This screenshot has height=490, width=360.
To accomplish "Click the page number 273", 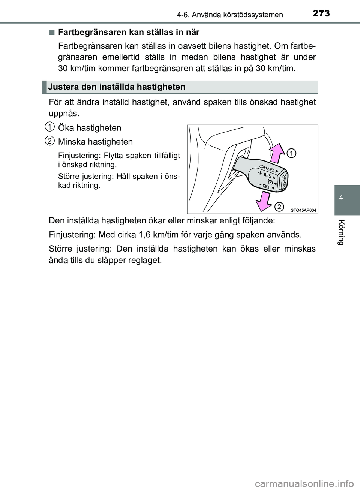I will click(x=321, y=13).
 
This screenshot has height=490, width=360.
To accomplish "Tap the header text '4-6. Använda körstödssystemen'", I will click(x=229, y=15).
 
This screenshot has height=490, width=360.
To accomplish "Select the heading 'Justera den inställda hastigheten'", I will click(x=117, y=87).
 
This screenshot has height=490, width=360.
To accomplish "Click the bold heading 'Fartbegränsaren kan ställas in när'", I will click(x=129, y=32).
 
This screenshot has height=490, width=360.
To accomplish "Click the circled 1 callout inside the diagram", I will click(x=292, y=153).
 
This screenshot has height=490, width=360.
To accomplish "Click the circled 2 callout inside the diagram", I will click(x=279, y=207).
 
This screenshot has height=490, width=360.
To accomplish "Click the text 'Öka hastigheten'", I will click(x=90, y=128).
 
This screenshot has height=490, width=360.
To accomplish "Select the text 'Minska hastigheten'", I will click(x=95, y=142).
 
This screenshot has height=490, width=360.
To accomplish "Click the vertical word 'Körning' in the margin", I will click(x=340, y=231).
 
